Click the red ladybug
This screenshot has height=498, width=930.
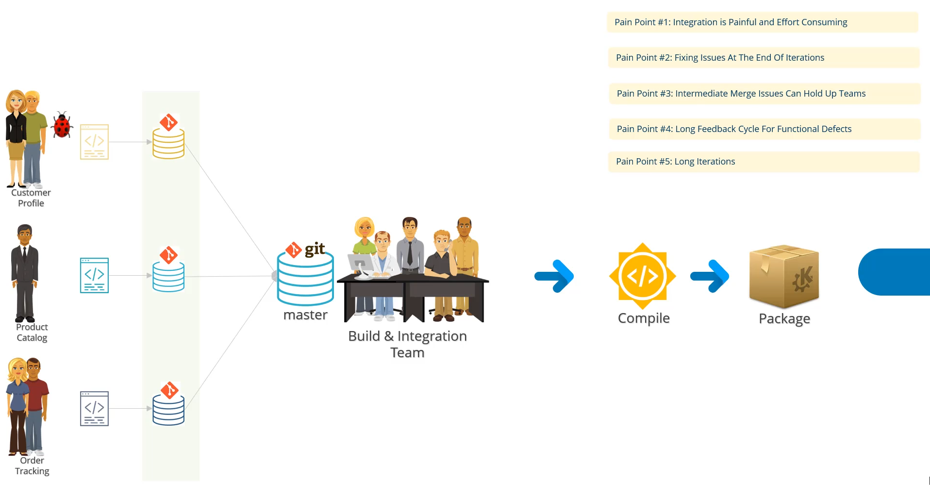click(62, 125)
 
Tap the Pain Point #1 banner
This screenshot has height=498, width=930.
click(762, 22)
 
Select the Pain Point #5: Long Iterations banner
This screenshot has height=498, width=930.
click(763, 162)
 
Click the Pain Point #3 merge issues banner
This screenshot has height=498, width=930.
click(764, 94)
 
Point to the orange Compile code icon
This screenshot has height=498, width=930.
click(642, 276)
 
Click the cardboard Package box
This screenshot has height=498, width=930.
click(784, 277)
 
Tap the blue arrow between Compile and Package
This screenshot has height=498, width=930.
click(710, 276)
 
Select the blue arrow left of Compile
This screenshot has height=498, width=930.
click(554, 276)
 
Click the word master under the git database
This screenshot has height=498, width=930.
click(305, 315)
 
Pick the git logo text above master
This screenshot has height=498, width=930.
click(315, 249)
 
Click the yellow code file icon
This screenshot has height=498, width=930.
click(94, 142)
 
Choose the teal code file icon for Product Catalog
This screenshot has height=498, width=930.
click(94, 275)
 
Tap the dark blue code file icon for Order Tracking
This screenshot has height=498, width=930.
click(94, 409)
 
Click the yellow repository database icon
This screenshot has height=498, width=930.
click(168, 143)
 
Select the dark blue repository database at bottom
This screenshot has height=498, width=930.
click(168, 410)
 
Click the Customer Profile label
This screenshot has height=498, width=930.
click(31, 198)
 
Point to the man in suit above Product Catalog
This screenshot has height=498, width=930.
click(25, 272)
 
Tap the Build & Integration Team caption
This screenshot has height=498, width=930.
click(407, 344)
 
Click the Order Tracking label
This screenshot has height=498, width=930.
click(32, 466)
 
